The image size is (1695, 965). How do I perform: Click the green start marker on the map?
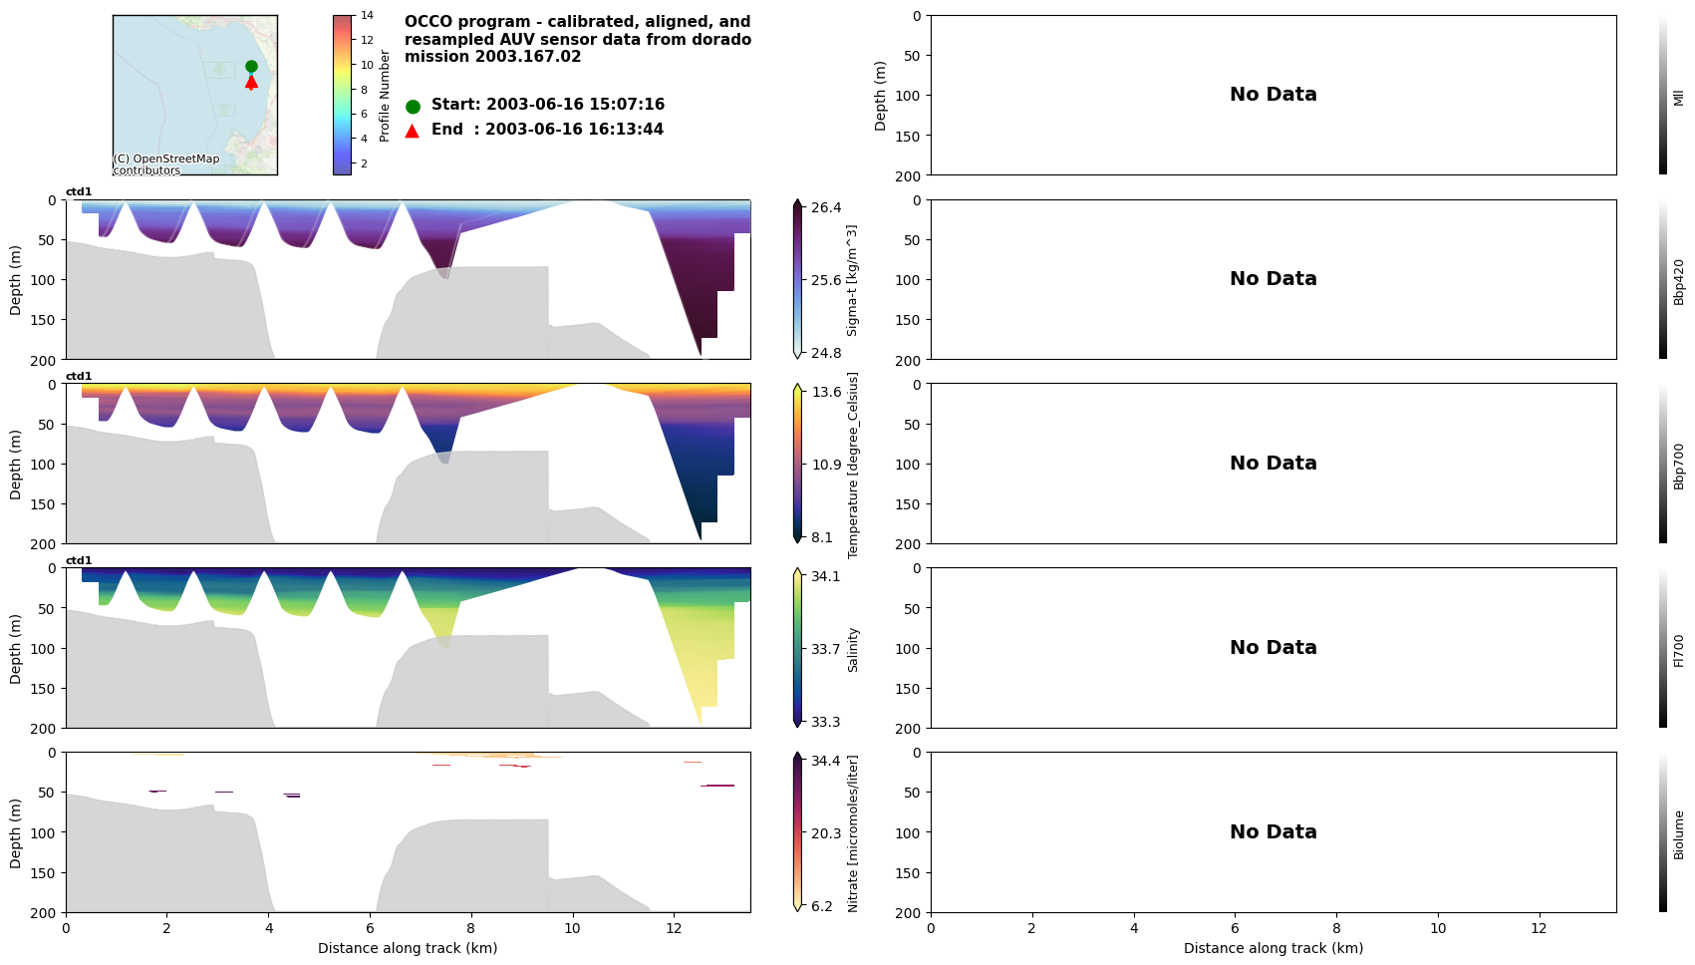pos(251,67)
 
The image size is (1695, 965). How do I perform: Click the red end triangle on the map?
pos(251,82)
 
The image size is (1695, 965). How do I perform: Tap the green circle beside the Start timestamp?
pos(413,107)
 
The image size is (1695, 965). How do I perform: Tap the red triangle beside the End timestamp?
pos(413,131)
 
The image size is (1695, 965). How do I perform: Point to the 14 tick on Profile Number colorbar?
pos(367,15)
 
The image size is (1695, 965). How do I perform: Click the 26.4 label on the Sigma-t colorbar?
pos(826,207)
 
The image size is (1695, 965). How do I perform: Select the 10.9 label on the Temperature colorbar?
pos(826,465)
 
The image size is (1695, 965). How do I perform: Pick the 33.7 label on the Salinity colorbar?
pos(825,649)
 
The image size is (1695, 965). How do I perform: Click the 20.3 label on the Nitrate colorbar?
pos(825,833)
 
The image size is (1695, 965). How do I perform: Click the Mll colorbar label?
pos(1678,97)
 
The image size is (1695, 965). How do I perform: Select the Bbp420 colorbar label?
pos(1678,281)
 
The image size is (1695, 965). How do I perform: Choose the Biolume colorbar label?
pos(1678,834)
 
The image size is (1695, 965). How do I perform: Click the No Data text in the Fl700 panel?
pos(1272,648)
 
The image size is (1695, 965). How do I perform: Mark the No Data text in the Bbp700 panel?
pos(1272,464)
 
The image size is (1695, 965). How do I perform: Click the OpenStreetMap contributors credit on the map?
pos(166,164)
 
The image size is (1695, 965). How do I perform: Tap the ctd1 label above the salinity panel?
pos(79,561)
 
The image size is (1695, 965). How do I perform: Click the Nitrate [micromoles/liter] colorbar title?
pos(853,833)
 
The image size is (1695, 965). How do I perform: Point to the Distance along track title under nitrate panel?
pos(408,948)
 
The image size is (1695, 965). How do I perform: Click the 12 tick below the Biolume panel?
pos(1539,928)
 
